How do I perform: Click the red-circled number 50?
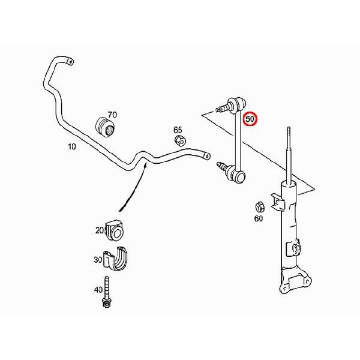coord(250,119)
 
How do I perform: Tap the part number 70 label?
coord(112,115)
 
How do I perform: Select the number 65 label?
coord(178,130)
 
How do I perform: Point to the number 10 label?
coord(72,146)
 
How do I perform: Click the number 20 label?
coord(100,230)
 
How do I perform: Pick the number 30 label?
coord(98,260)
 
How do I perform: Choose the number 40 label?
coord(98,290)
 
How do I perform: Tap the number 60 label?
coord(258,218)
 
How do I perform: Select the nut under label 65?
coord(181,140)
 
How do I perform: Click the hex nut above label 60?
coord(260,207)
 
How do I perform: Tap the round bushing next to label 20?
coord(115,231)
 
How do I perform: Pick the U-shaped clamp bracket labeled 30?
coord(115,259)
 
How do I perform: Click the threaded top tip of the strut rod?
coord(289,128)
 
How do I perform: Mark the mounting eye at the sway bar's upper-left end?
coord(70,62)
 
